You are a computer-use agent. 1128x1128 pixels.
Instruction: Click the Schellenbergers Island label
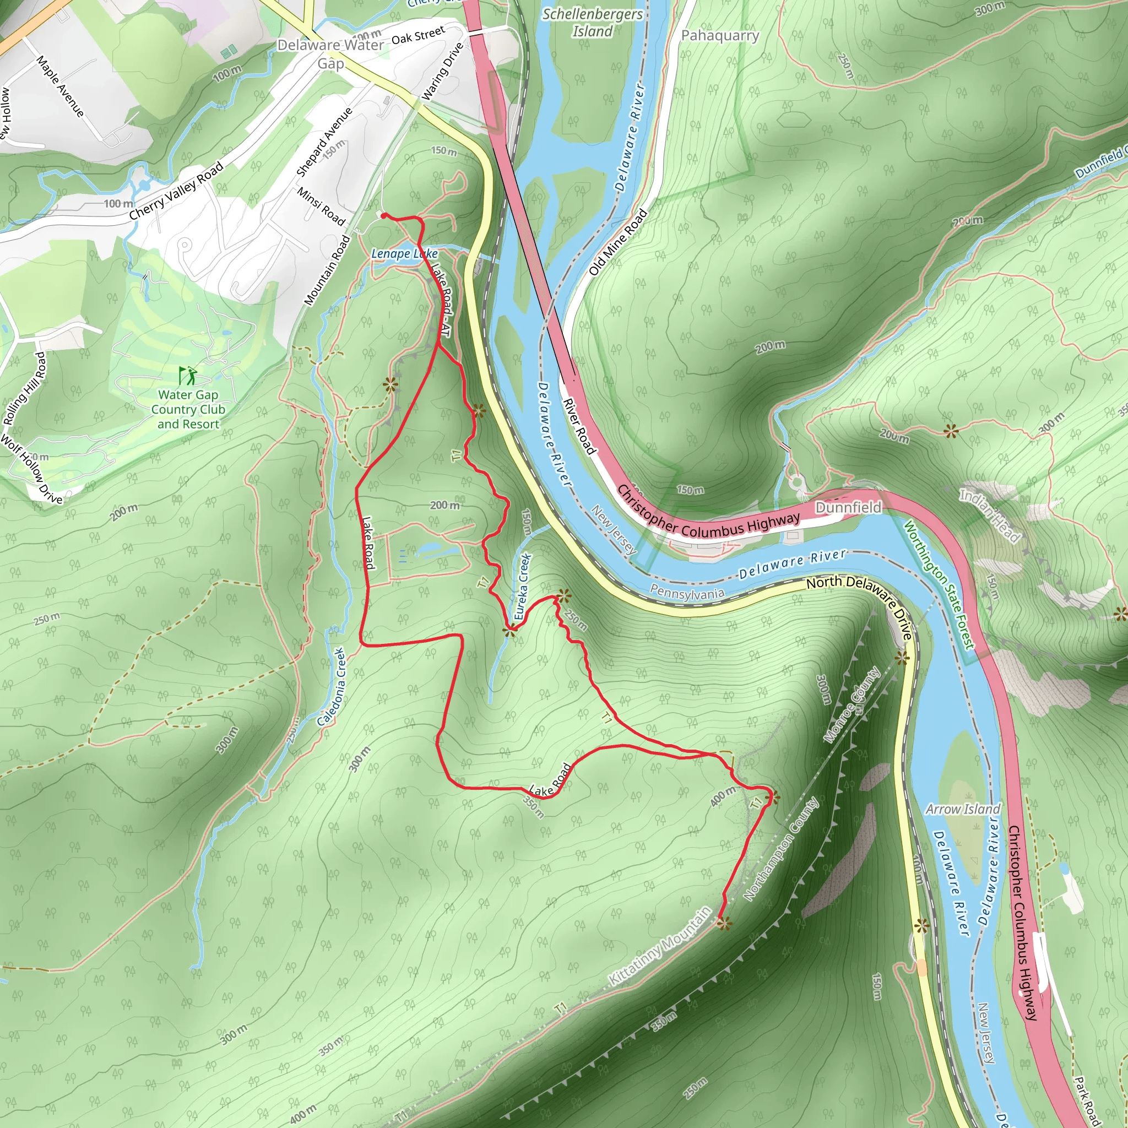pyautogui.click(x=592, y=22)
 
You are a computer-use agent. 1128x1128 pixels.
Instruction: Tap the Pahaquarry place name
pyautogui.click(x=720, y=36)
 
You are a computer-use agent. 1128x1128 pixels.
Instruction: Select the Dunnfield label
pyautogui.click(x=848, y=507)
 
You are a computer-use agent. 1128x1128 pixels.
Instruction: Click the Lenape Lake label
pyautogui.click(x=405, y=253)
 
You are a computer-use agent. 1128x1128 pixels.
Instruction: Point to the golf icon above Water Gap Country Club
pyautogui.click(x=188, y=376)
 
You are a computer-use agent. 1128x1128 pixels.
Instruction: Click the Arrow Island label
pyautogui.click(x=963, y=809)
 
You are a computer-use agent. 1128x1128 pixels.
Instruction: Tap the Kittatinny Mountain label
pyautogui.click(x=660, y=946)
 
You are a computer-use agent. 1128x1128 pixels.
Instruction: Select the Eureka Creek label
pyautogui.click(x=523, y=587)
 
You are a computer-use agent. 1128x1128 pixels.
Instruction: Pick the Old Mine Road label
pyautogui.click(x=619, y=242)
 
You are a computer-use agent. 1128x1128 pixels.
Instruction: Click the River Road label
pyautogui.click(x=579, y=426)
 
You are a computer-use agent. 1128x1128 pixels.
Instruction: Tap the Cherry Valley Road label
pyautogui.click(x=176, y=191)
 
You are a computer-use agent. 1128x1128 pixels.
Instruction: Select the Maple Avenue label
pyautogui.click(x=60, y=86)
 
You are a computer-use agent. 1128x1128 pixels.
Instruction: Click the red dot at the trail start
pyautogui.click(x=383, y=216)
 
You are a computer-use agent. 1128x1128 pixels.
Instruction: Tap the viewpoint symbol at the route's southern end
pyautogui.click(x=724, y=923)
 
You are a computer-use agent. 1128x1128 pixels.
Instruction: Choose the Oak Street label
pyautogui.click(x=418, y=35)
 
